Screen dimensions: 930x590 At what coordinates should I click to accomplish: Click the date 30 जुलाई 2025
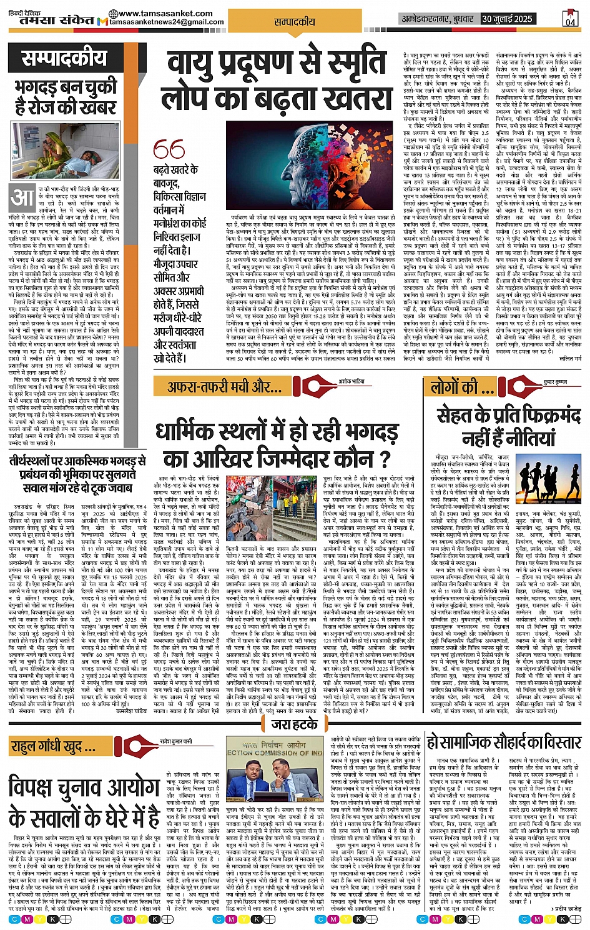click(x=506, y=19)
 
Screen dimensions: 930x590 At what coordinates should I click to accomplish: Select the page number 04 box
click(x=570, y=18)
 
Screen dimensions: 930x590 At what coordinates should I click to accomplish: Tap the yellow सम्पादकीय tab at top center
click(x=295, y=22)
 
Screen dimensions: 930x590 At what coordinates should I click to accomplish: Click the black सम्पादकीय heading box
click(x=64, y=59)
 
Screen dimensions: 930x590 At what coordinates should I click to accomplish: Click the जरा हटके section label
click(x=295, y=724)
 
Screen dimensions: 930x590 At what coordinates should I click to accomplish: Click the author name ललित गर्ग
click(x=569, y=358)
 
